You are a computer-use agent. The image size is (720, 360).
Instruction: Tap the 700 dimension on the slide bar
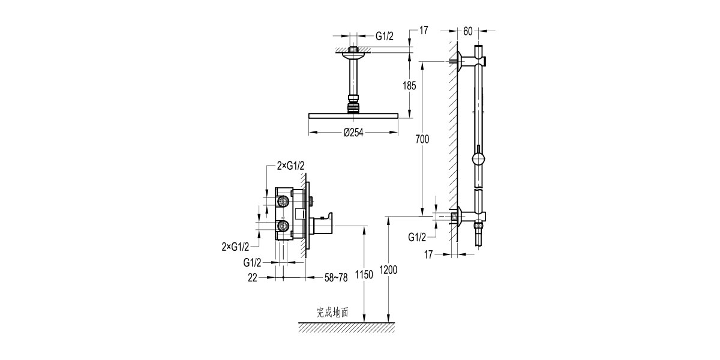[422, 140]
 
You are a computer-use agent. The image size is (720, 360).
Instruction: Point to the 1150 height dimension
[364, 275]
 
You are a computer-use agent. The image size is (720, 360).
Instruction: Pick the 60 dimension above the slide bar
[468, 30]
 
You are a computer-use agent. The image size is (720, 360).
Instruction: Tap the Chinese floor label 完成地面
[332, 313]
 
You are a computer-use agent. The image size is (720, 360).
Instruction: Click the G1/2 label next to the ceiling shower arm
[385, 36]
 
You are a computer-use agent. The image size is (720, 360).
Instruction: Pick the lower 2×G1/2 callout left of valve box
[235, 246]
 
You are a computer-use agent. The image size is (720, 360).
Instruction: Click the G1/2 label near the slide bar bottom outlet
[418, 237]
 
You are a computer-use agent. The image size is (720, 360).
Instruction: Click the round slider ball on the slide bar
[478, 159]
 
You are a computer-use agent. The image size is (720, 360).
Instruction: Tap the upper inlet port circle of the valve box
[282, 202]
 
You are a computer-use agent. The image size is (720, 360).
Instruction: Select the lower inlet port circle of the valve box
[282, 226]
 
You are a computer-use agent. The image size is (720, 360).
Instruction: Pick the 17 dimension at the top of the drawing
[424, 30]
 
